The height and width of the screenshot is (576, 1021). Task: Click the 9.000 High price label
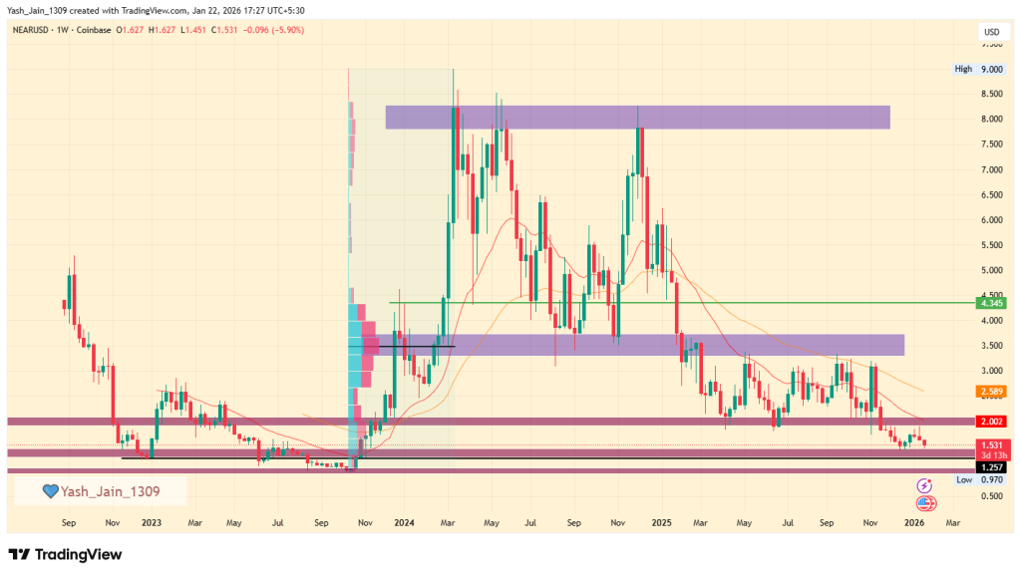tap(991, 69)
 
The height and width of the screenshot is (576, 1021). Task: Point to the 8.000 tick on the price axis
tap(991, 120)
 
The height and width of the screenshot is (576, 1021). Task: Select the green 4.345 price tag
tap(991, 303)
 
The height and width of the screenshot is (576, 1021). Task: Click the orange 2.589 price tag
tap(991, 391)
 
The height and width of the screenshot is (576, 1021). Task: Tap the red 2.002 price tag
tap(991, 423)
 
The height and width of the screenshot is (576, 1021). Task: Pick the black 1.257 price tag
tap(991, 466)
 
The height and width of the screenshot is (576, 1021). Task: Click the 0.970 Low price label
tap(991, 480)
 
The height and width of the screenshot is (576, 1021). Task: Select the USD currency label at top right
tap(991, 32)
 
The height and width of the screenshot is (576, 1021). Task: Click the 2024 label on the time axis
tap(404, 521)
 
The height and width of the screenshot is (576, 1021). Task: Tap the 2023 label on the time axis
tap(152, 521)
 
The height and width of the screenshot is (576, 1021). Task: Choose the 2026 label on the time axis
tap(913, 521)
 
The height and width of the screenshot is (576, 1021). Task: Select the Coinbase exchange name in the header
tap(93, 30)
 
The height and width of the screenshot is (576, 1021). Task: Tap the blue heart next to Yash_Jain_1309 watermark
tap(49, 491)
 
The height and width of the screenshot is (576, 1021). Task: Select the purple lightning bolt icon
tap(924, 484)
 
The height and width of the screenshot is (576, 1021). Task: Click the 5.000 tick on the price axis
tap(991, 271)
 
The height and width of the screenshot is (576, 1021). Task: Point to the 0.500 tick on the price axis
tap(991, 496)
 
